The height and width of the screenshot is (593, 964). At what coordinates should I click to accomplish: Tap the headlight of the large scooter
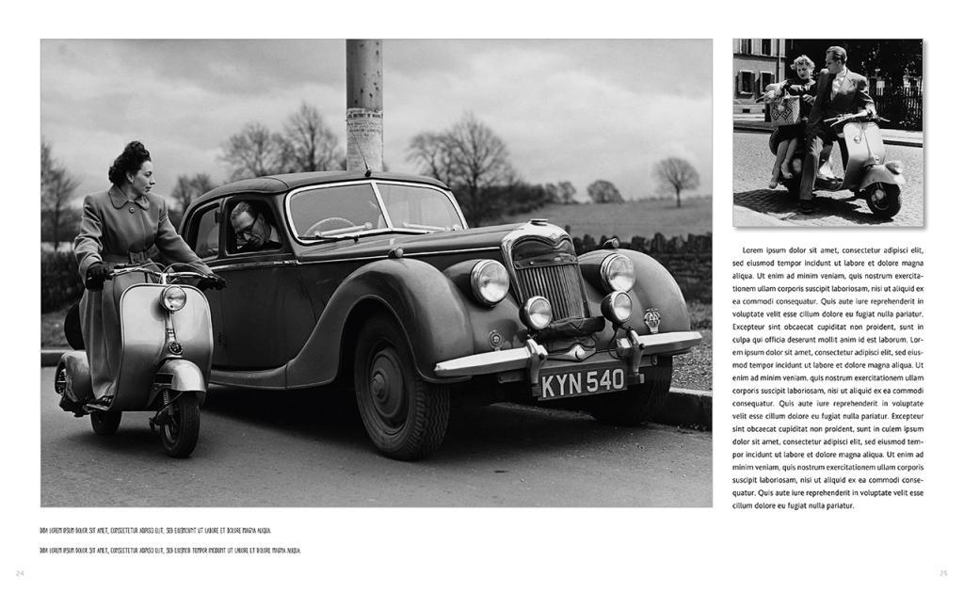(x=173, y=297)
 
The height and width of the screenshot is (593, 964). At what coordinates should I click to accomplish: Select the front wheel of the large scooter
(x=179, y=424)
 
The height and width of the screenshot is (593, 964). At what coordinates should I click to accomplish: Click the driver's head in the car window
(x=248, y=222)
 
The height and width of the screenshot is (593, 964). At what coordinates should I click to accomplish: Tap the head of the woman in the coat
(x=132, y=167)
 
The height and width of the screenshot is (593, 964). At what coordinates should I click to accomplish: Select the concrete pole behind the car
(x=364, y=104)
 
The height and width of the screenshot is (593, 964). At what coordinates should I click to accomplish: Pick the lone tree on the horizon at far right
(x=676, y=178)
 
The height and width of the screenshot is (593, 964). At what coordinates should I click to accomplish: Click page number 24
(x=20, y=572)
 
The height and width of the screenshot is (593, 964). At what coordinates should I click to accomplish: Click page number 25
(x=943, y=572)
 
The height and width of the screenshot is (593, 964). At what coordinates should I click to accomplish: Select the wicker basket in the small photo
(x=784, y=108)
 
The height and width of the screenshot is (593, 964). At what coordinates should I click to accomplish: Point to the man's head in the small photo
(x=836, y=56)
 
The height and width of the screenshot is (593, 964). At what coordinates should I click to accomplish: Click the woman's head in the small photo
(x=803, y=66)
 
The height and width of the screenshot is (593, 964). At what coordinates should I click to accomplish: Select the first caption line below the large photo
(x=155, y=531)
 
